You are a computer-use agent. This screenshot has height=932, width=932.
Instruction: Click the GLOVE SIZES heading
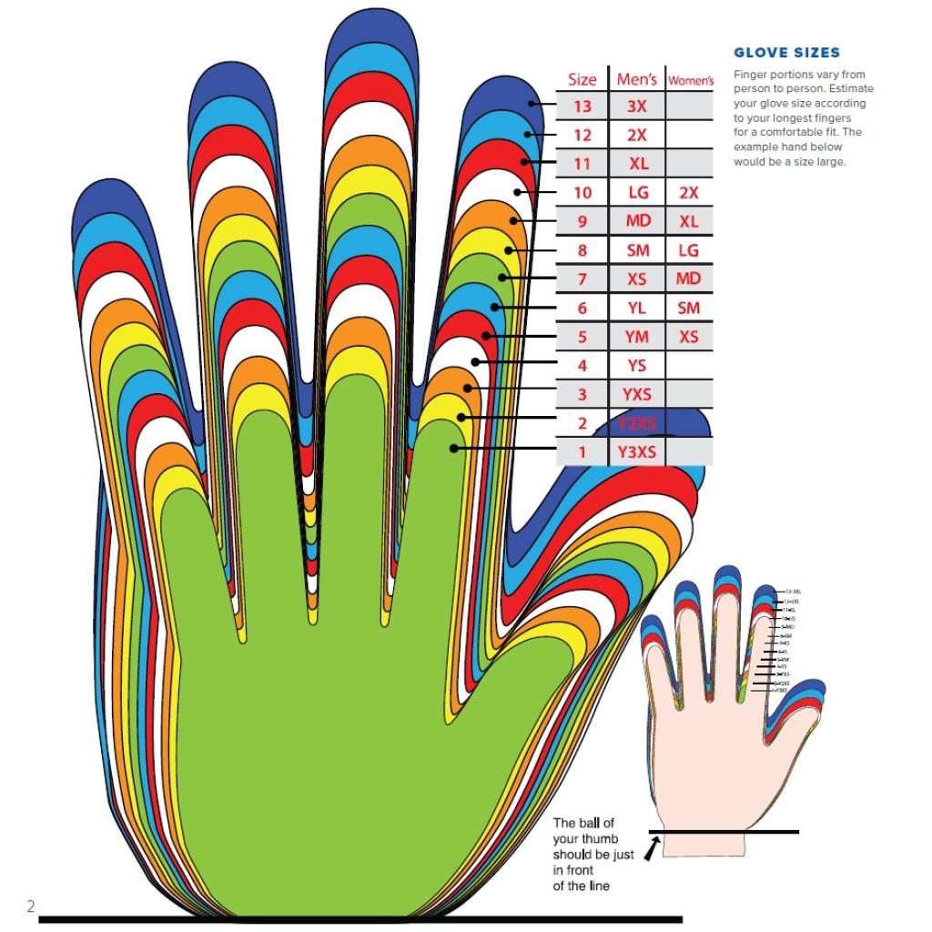pos(786,53)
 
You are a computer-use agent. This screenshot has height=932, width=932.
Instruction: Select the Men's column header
pos(637,79)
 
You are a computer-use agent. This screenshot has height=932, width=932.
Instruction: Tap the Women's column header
pos(691,81)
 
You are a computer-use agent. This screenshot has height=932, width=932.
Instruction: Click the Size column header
pos(582,79)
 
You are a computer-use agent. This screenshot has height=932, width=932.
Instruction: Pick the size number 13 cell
pos(582,106)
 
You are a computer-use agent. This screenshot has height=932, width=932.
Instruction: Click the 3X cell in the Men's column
pos(637,106)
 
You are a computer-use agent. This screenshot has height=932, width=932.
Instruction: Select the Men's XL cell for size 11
pos(637,164)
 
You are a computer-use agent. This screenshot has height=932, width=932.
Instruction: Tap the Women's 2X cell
pos(689,193)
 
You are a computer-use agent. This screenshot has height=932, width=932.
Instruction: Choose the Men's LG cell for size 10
pos(637,193)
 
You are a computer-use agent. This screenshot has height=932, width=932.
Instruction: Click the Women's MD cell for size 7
pos(689,279)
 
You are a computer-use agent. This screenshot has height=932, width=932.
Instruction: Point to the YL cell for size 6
pos(637,308)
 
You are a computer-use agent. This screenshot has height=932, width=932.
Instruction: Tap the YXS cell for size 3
pos(637,394)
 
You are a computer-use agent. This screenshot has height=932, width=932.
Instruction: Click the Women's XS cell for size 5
pos(689,337)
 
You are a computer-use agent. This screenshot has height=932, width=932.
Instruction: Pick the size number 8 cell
pos(582,250)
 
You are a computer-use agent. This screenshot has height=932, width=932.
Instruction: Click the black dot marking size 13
pos(532,105)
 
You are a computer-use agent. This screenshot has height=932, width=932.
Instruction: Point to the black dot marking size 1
pos(453,448)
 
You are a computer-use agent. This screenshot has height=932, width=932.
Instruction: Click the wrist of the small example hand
pos(704,842)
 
